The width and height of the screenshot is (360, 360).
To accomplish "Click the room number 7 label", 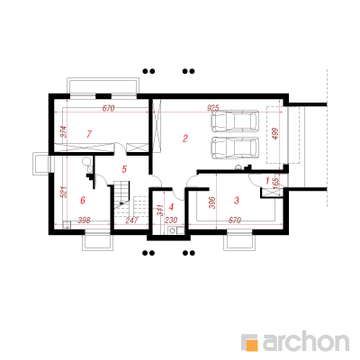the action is tap(89, 134).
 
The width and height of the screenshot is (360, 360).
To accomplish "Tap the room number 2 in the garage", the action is tap(185, 139).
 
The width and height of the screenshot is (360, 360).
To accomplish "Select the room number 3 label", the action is tap(237, 200).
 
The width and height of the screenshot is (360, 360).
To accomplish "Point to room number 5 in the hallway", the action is tap(124, 169).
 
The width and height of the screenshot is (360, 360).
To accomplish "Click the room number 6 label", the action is tap(83, 200).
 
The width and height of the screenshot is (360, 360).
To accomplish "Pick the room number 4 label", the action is tap(172, 207).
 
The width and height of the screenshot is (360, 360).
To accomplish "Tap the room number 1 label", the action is tap(267, 181).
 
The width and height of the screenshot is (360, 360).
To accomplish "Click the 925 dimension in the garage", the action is tap(213, 108).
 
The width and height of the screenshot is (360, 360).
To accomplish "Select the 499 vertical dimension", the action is tap(275, 134).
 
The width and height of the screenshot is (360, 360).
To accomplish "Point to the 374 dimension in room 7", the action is tap(64, 131).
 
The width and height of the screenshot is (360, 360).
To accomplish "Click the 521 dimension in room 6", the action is tap(64, 192).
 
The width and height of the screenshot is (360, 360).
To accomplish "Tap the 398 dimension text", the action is tap(84, 220).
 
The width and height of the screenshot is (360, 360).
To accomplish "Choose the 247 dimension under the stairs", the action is tap(131, 220).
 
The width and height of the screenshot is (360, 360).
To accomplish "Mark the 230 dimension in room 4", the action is tap(171, 220).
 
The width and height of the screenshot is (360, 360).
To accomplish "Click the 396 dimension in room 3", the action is tap(211, 202).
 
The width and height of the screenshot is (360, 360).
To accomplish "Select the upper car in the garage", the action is tap(235, 121).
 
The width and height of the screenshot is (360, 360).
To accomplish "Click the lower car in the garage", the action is tap(235, 148).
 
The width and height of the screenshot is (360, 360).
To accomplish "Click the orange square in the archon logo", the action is tap(251, 344).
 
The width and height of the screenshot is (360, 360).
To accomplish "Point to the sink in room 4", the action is tap(173, 230).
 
